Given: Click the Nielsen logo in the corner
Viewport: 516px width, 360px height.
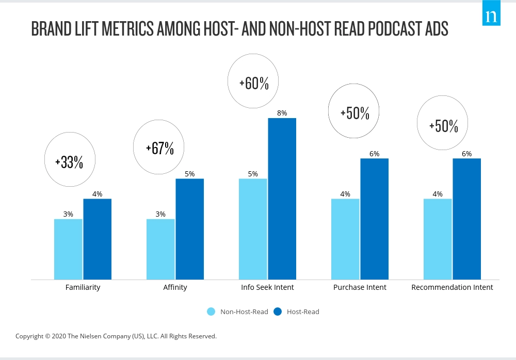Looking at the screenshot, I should (492, 16).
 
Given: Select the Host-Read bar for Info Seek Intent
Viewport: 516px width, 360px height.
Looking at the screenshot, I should (282, 199).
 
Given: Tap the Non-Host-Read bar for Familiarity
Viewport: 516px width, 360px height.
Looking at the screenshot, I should (68, 249).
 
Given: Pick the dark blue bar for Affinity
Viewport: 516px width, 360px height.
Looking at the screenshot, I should (189, 229).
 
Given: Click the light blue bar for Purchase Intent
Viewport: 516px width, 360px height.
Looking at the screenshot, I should (345, 239).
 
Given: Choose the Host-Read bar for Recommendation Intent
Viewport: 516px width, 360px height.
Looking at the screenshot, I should (466, 219).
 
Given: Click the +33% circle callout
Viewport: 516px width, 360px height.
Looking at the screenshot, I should (69, 162).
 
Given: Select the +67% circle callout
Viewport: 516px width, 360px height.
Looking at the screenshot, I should (159, 149).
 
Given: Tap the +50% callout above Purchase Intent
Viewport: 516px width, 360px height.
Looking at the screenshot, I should (354, 113).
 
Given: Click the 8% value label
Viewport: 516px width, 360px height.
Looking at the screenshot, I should (282, 113).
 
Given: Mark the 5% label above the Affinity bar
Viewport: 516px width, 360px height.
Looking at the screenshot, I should (189, 174).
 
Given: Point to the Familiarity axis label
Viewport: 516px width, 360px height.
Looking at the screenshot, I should (83, 287).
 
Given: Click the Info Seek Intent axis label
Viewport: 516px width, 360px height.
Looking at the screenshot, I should (267, 287).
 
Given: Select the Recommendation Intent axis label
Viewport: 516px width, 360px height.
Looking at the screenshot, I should (452, 287).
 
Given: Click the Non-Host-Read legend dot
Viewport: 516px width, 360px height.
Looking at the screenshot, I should (211, 312).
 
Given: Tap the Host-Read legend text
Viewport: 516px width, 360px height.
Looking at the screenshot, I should (303, 312).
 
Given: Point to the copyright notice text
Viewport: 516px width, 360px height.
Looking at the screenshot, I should (116, 336).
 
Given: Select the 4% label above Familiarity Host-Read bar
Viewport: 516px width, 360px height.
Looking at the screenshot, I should (97, 194).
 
